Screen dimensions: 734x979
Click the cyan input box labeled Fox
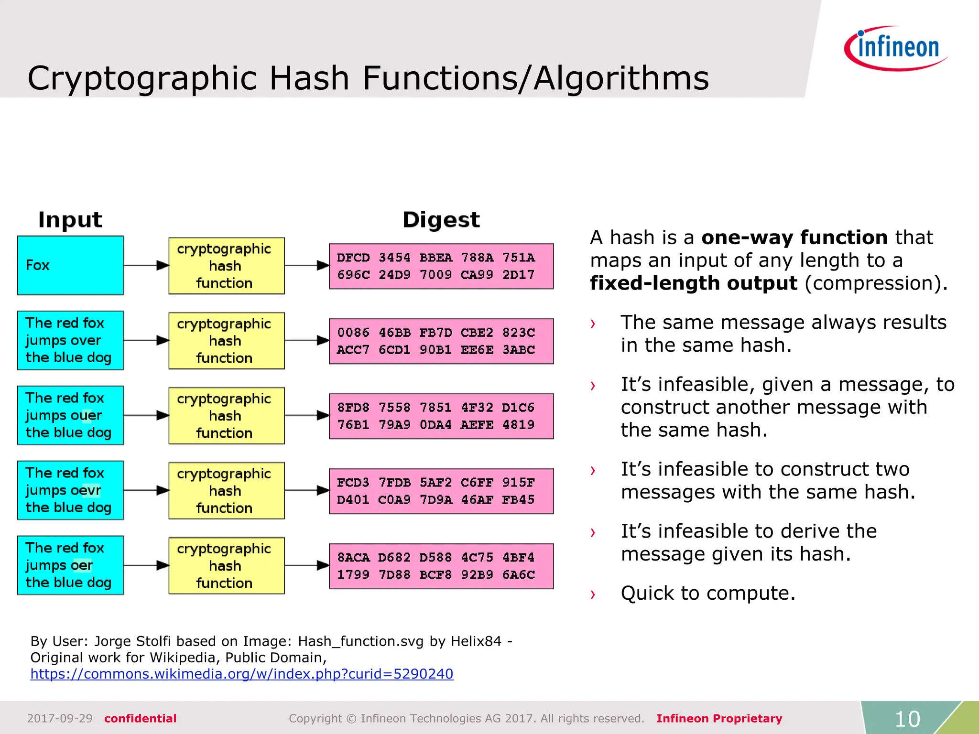pyautogui.click(x=70, y=265)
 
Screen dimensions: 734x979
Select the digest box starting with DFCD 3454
pyautogui.click(x=441, y=266)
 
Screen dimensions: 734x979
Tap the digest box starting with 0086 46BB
pyautogui.click(x=441, y=341)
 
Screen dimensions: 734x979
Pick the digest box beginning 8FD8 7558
pyautogui.click(x=441, y=416)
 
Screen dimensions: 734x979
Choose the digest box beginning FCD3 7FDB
pyautogui.click(x=441, y=491)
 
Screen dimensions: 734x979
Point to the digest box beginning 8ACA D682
pyautogui.click(x=441, y=566)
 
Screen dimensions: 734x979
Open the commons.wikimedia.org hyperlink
pyautogui.click(x=242, y=674)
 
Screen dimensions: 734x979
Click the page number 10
pyautogui.click(x=907, y=719)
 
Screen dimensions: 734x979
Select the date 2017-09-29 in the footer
pyautogui.click(x=60, y=718)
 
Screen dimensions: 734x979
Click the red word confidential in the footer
pyautogui.click(x=141, y=718)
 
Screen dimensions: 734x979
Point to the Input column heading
pyautogui.click(x=70, y=220)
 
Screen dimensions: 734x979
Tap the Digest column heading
pyautogui.click(x=441, y=220)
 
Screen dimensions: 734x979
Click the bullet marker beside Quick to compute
pyautogui.click(x=593, y=594)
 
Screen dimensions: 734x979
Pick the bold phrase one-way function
pyautogui.click(x=794, y=237)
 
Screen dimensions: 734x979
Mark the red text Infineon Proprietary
pyautogui.click(x=719, y=718)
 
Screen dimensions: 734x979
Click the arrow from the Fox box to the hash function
pyautogui.click(x=146, y=265)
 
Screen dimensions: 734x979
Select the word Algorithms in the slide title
pyautogui.click(x=621, y=78)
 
